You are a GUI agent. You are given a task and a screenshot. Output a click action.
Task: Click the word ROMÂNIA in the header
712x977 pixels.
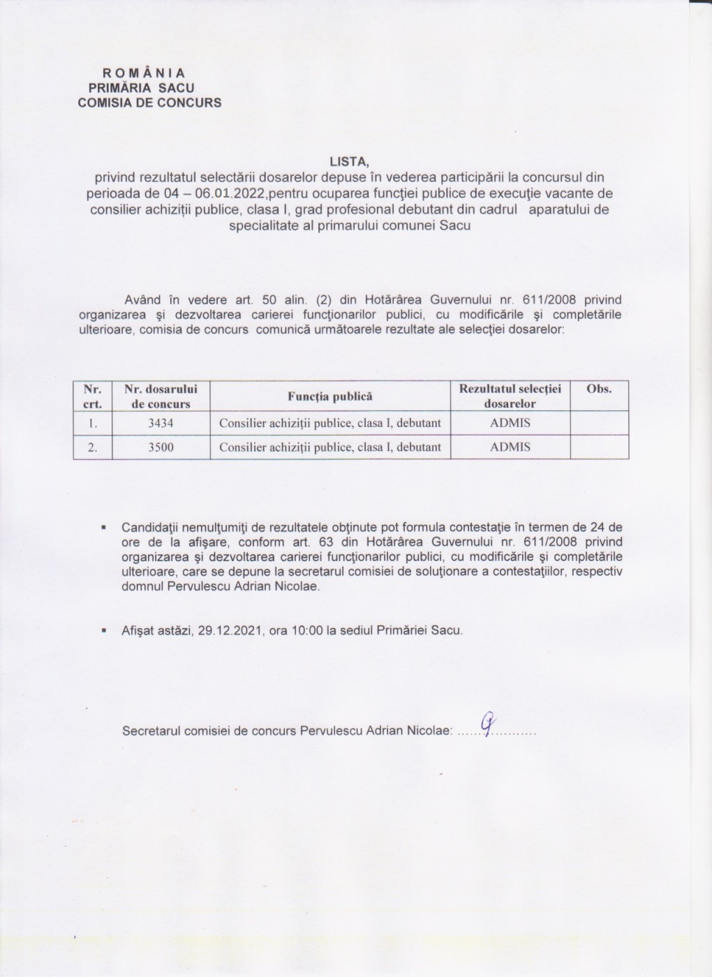[144, 73]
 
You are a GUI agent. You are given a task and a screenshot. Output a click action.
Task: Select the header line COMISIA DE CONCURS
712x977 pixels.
[149, 103]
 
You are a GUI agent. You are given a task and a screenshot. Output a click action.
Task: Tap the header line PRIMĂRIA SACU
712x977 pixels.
[142, 88]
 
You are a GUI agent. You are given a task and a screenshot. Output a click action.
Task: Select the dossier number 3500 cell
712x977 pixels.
[161, 447]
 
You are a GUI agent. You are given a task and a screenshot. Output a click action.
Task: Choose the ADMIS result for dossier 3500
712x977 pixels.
[510, 447]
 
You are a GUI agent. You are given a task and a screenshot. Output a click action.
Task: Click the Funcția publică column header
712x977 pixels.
[330, 396]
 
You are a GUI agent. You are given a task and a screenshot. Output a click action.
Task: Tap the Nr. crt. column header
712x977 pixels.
[92, 396]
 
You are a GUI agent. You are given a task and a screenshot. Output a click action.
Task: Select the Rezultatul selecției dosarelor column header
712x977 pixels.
[510, 396]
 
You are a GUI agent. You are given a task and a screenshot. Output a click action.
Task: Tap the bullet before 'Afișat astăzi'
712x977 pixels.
[103, 630]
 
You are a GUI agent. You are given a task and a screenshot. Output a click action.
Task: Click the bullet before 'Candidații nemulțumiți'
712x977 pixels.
[103, 527]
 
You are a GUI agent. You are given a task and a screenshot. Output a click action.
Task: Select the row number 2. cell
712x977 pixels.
[92, 447]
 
